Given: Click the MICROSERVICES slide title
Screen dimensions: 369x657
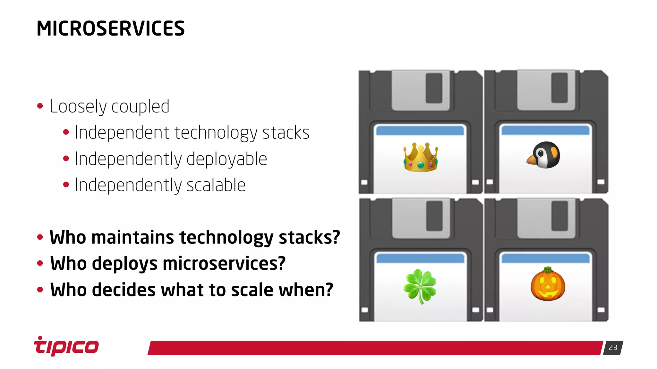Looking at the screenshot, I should point(110,28).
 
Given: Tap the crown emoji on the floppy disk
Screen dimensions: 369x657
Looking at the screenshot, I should point(421,157).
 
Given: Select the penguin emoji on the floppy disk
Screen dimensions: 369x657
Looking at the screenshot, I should point(544,155).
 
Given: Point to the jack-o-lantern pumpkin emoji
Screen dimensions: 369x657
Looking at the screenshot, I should point(548,284).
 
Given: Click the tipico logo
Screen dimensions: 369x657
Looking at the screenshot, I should point(66,346).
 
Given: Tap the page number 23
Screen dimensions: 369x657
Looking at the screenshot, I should point(613,348).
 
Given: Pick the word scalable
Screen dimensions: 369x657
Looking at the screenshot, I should point(216,185).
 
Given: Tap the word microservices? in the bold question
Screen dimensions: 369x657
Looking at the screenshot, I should point(224,264).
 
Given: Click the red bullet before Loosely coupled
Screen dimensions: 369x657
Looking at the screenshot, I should point(40,106).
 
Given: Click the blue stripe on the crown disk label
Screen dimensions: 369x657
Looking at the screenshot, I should point(420,130).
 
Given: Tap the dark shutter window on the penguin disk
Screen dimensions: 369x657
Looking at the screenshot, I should point(559,88).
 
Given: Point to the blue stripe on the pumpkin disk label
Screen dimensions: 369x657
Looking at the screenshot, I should point(545,258).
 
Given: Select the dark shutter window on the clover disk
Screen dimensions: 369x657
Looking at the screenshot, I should point(434,216).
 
